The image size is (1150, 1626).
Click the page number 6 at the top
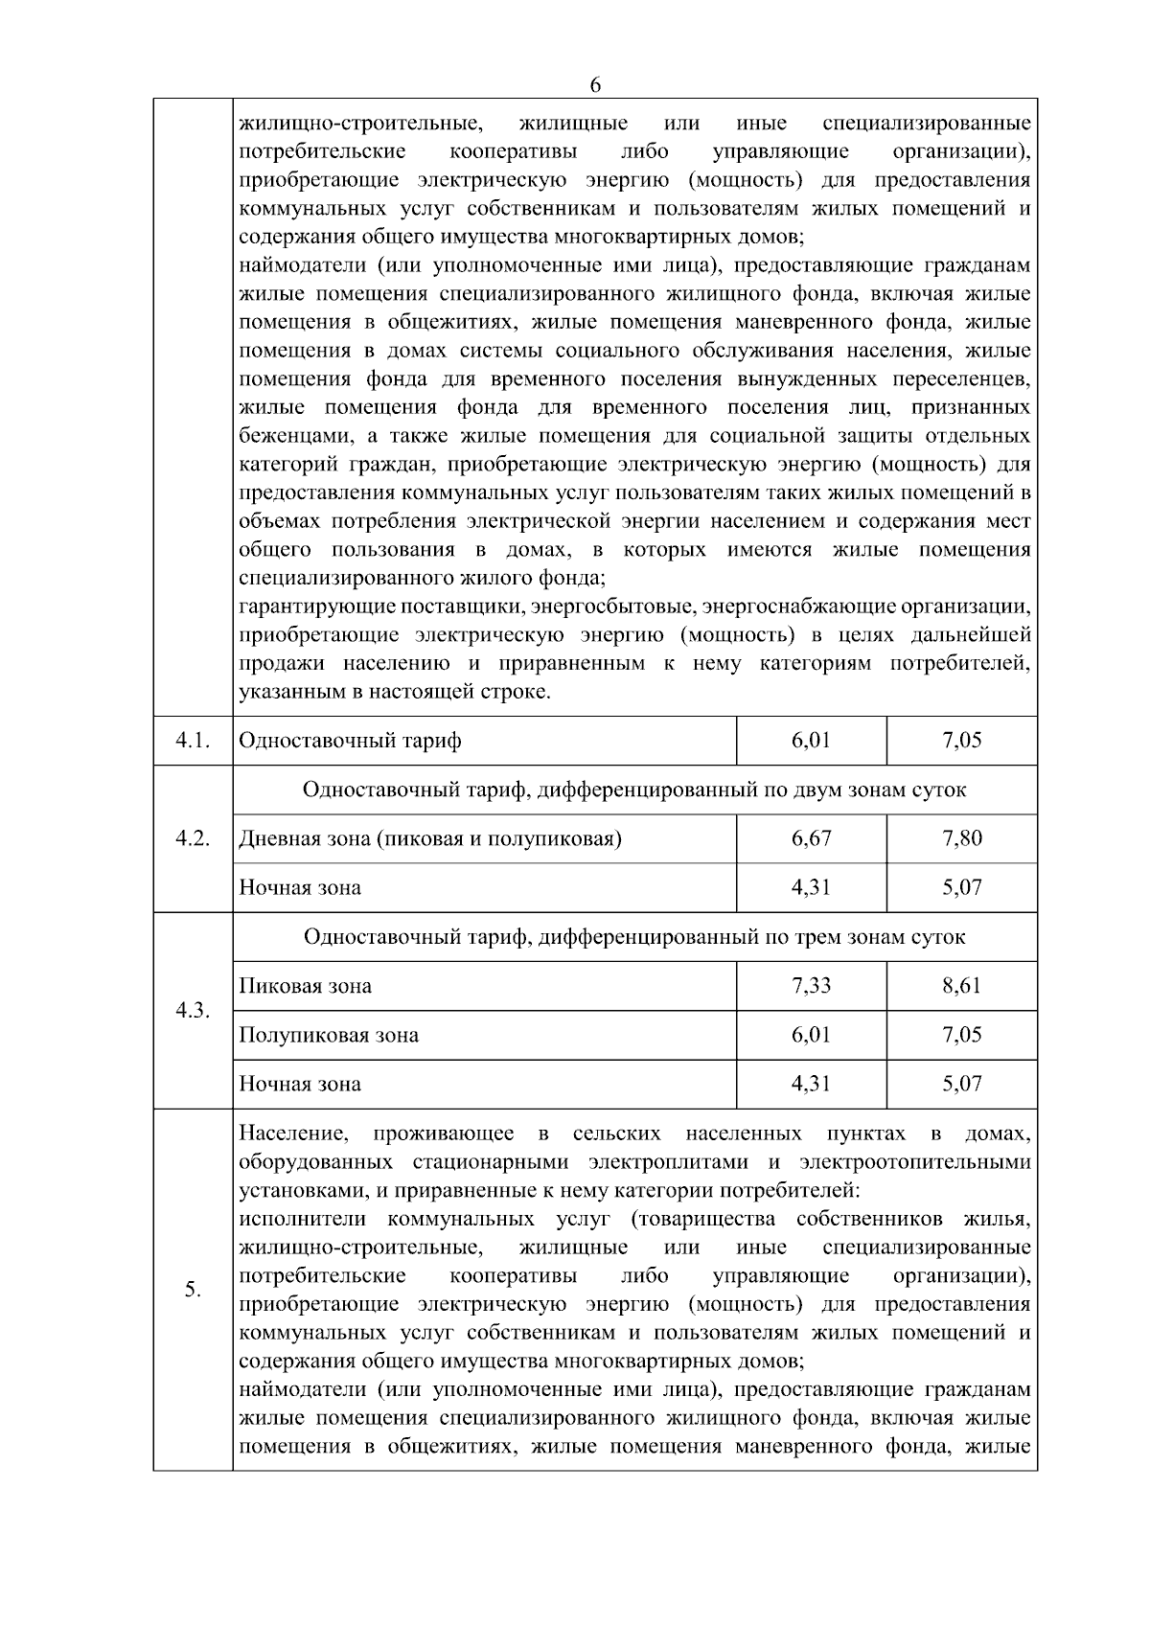595,84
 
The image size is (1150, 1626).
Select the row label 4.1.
193,741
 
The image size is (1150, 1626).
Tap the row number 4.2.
193,838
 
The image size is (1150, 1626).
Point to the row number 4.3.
193,1011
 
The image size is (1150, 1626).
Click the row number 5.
193,1290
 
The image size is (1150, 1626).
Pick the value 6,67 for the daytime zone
812,838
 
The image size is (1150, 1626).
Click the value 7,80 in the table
962,838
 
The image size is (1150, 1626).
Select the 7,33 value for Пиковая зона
812,985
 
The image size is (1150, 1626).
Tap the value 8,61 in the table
962,985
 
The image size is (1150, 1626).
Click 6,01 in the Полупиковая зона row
812,1035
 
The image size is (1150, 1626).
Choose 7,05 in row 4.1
962,741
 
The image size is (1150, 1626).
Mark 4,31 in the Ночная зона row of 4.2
812,887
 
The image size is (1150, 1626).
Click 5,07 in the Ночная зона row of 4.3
962,1084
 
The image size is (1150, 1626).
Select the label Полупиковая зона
329,1035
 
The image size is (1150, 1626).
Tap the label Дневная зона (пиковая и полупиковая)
430,839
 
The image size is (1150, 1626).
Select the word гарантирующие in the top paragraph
304,607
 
